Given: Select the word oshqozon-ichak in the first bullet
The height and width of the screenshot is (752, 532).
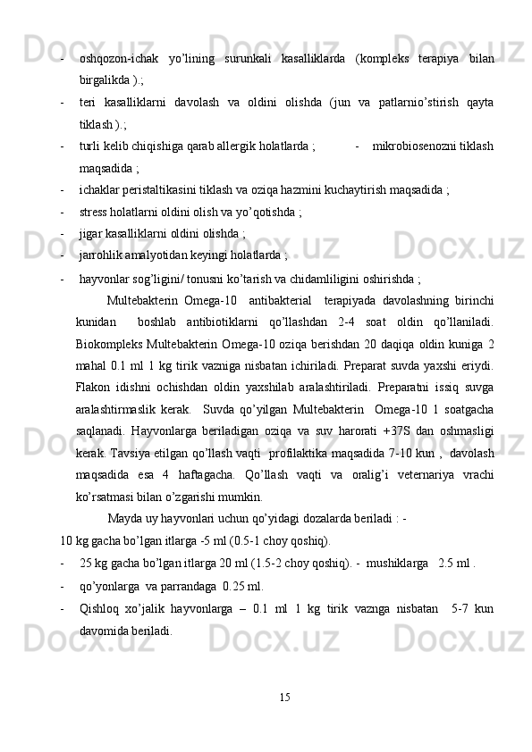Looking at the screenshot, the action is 113,59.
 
